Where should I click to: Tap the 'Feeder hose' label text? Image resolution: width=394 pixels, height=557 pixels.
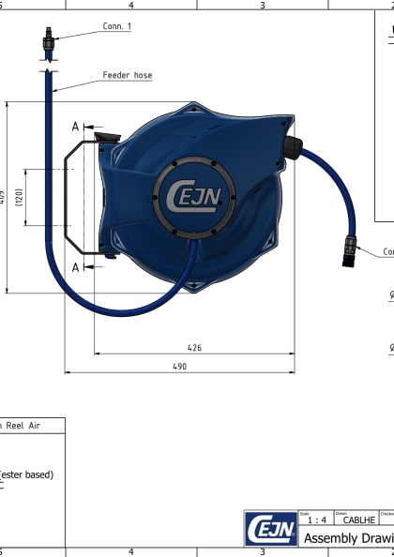[128, 75]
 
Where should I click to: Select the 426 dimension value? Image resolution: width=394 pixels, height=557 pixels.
[194, 348]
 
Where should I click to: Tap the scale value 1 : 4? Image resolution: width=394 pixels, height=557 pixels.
[317, 519]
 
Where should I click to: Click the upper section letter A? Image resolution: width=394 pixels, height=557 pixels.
[75, 127]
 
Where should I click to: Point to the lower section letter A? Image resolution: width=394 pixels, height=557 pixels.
[75, 267]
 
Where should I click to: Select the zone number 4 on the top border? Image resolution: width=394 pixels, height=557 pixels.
[130, 5]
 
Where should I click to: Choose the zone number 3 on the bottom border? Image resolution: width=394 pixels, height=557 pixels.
[263, 552]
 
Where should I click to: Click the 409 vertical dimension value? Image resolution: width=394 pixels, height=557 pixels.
[4, 197]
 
